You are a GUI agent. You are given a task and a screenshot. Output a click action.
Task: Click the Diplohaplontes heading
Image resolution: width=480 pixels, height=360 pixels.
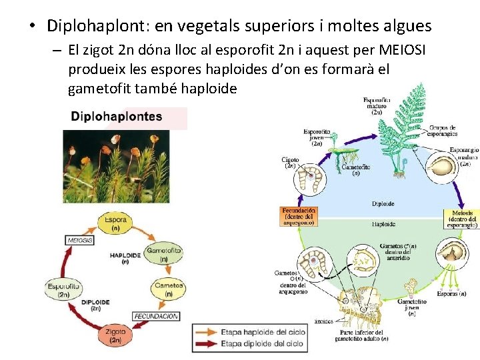click(x=117, y=117)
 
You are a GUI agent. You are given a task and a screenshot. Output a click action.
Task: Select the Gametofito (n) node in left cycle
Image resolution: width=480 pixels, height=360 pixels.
click(x=163, y=255)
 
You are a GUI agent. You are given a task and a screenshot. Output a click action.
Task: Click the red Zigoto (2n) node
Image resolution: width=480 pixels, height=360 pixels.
click(x=115, y=335)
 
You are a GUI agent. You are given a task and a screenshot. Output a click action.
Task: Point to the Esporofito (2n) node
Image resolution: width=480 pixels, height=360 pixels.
click(x=64, y=289)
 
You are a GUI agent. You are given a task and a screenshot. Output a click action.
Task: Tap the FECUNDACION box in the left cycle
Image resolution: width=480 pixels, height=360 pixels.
click(x=156, y=316)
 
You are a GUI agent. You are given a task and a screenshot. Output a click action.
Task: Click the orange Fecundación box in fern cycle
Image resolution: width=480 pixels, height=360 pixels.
click(x=298, y=216)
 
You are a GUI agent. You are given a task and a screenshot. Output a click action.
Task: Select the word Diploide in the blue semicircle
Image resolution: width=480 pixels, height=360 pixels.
click(x=383, y=204)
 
